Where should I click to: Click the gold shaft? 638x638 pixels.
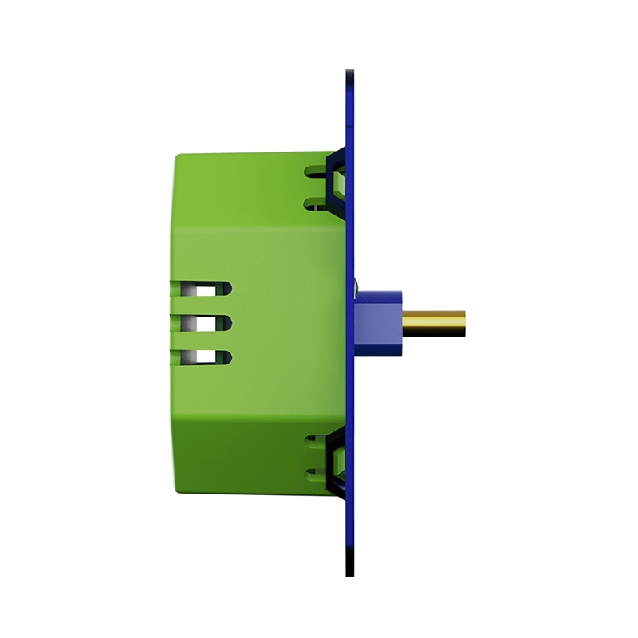[x=435, y=323]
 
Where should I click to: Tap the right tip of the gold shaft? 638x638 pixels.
[x=464, y=323]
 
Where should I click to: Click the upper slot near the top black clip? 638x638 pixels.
[x=315, y=170]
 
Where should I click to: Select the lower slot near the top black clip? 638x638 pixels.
[x=315, y=204]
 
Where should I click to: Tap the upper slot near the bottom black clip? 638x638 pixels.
[x=315, y=441]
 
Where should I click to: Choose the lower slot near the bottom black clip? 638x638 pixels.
[x=315, y=476]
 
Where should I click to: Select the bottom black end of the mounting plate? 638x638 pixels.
[x=349, y=568]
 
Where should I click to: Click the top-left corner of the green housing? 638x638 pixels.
[x=176, y=155]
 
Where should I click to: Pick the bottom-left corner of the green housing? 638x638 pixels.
[x=176, y=488]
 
